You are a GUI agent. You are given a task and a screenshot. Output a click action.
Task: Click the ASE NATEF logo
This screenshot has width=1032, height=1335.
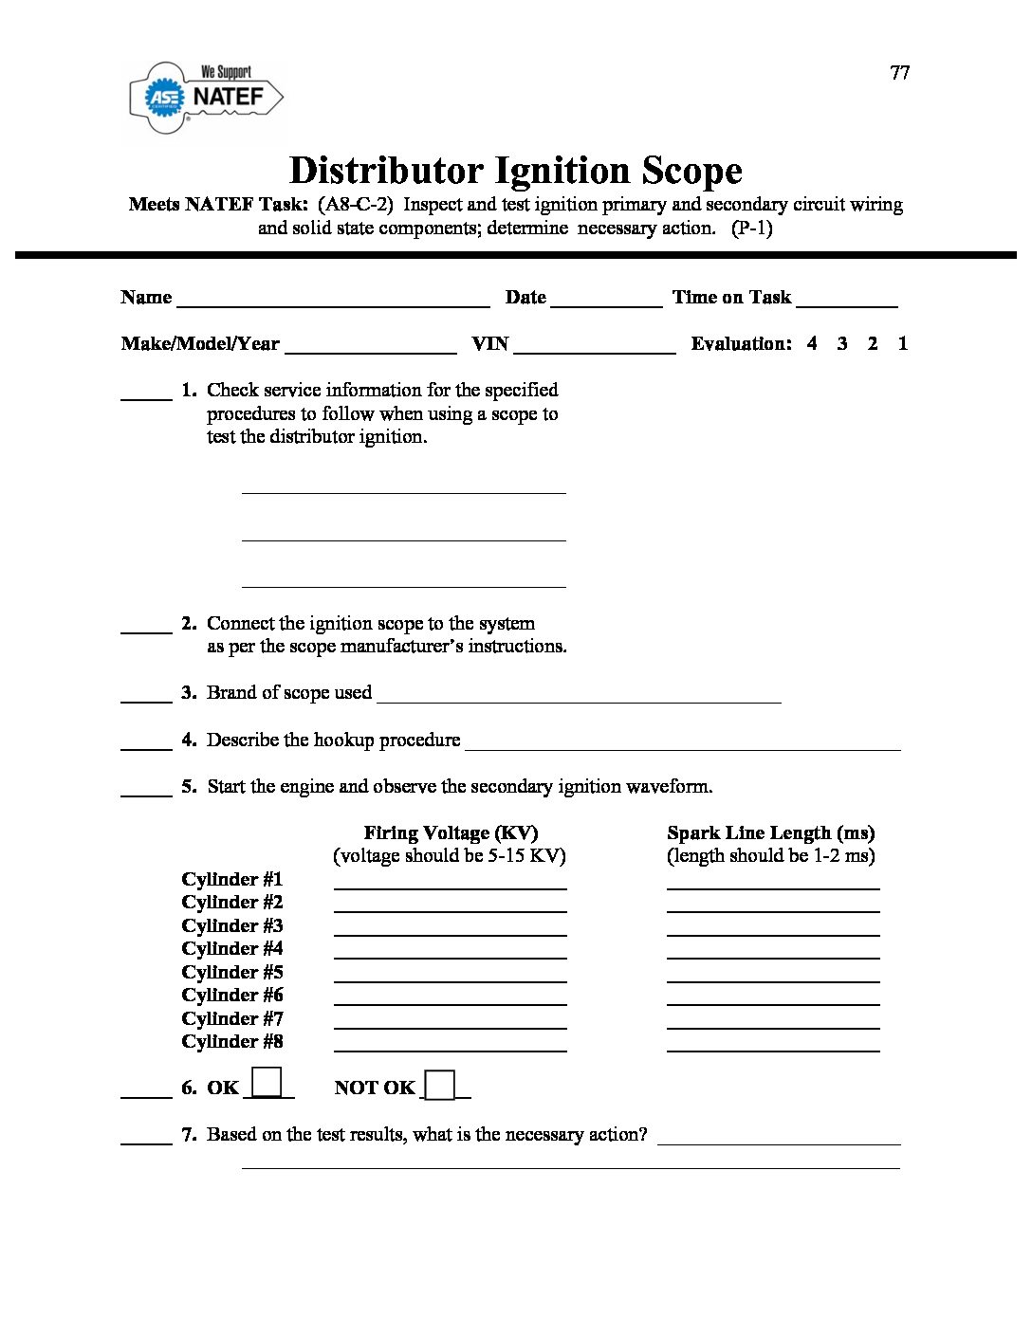point(206,97)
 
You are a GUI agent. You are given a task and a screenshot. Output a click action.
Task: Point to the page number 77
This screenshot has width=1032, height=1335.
point(899,73)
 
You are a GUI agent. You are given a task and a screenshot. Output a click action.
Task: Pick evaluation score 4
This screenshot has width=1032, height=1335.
point(812,344)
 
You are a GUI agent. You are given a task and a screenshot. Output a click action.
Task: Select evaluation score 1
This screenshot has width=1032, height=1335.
point(902,344)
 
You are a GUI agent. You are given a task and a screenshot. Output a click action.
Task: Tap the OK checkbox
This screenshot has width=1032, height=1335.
point(267,1082)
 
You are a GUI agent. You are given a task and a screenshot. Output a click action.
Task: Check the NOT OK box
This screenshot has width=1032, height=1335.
point(439,1085)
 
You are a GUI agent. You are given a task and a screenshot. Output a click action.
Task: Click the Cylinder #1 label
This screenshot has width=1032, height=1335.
point(232,880)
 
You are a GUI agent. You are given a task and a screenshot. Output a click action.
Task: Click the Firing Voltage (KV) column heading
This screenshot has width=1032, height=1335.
point(451,833)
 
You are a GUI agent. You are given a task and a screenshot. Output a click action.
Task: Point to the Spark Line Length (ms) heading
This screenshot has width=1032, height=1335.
point(770,833)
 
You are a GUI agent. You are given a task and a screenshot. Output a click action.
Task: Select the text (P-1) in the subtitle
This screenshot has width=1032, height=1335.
point(751,229)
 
